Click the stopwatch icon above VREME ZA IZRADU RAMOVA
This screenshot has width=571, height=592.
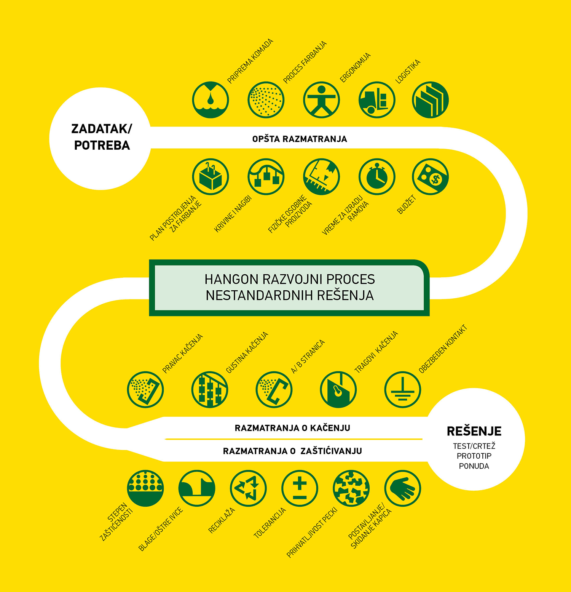377,177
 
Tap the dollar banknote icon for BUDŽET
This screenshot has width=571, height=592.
430,177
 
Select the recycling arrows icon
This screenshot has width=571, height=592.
248,488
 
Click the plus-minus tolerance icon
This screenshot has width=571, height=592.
300,488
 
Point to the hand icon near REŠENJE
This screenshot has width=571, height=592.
402,488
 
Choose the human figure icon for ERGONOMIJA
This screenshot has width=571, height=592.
321,100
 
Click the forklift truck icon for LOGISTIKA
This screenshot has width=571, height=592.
377,100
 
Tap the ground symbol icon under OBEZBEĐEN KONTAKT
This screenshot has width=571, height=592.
402,389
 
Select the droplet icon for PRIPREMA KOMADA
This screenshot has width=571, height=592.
211,100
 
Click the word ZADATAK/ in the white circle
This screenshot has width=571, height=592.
102,129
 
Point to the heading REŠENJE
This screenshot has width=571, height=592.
474,431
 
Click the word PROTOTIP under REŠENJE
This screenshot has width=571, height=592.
474,456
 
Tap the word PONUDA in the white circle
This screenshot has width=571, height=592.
474,466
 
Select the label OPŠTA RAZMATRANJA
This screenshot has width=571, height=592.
300,139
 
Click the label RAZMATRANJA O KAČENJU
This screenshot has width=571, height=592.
292,428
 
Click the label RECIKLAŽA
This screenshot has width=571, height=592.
222,521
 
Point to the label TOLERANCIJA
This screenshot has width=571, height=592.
270,523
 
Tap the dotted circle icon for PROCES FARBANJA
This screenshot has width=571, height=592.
266,100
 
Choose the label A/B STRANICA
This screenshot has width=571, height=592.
308,357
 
